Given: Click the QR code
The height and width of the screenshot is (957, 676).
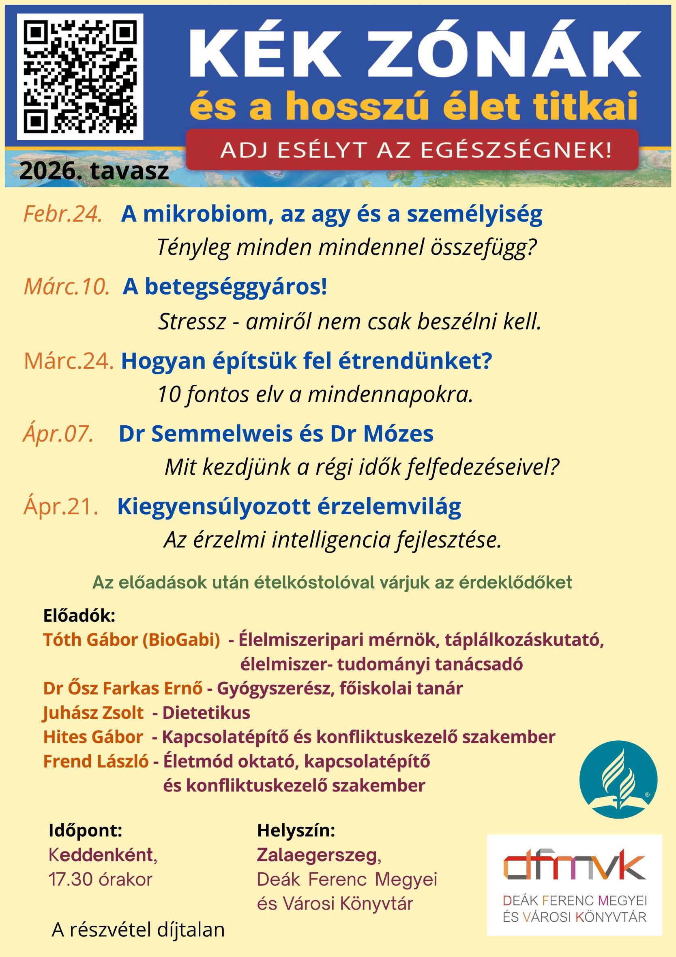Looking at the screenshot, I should click(80, 76).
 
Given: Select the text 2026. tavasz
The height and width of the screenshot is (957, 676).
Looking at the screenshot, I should click(94, 170).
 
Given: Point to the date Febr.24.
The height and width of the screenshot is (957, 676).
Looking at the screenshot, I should click(63, 214).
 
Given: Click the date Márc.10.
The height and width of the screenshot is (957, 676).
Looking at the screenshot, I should click(67, 287).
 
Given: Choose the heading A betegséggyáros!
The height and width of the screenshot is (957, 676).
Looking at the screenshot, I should click(225, 287).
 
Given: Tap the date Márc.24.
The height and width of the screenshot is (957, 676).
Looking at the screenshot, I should click(69, 361).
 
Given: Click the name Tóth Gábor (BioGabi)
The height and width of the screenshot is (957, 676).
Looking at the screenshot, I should click(132, 640).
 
